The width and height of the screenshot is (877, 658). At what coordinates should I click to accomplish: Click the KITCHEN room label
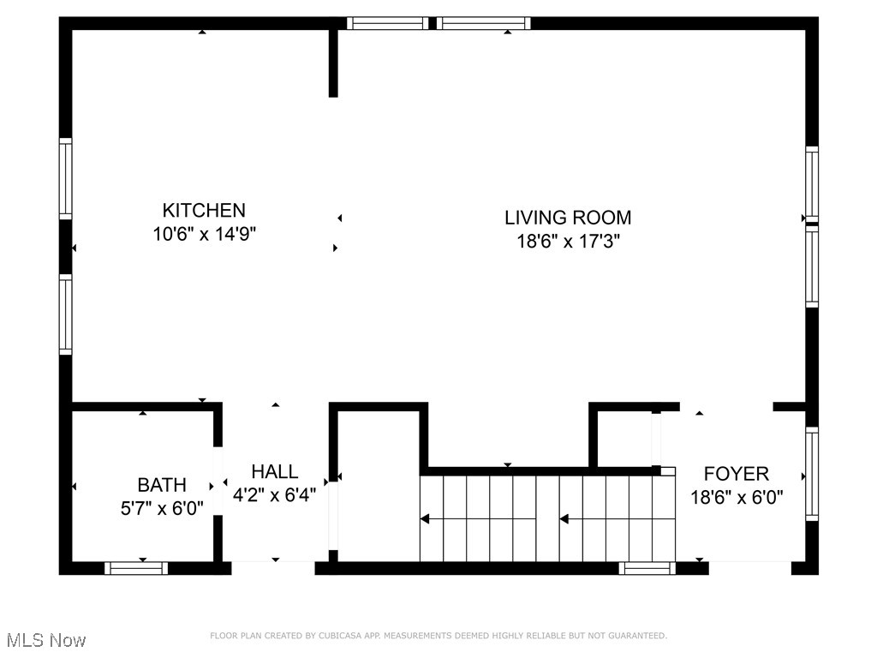click(204, 210)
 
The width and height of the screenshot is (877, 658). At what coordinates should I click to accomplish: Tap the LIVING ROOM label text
click(568, 218)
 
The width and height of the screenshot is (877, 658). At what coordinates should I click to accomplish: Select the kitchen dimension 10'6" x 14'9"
click(204, 234)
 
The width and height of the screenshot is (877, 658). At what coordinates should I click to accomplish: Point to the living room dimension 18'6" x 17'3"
click(568, 242)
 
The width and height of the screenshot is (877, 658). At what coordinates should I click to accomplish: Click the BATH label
click(162, 485)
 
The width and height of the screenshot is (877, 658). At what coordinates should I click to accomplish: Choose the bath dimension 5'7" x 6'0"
click(162, 508)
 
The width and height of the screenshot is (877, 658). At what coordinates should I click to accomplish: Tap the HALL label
click(275, 471)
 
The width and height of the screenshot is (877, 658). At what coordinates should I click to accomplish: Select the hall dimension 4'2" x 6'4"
click(275, 494)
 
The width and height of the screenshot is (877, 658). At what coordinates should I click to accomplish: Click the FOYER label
click(737, 473)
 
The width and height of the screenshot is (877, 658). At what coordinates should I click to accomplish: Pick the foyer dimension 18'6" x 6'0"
click(737, 496)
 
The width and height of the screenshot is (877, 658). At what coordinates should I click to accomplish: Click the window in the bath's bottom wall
click(136, 567)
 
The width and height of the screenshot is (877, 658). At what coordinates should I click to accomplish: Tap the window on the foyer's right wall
click(811, 474)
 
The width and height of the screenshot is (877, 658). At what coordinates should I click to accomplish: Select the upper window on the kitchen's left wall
click(65, 178)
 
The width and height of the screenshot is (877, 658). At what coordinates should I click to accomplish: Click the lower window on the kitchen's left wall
click(65, 314)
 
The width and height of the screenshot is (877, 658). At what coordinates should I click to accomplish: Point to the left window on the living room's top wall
click(387, 23)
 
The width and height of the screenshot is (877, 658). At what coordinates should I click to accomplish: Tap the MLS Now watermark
click(45, 640)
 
